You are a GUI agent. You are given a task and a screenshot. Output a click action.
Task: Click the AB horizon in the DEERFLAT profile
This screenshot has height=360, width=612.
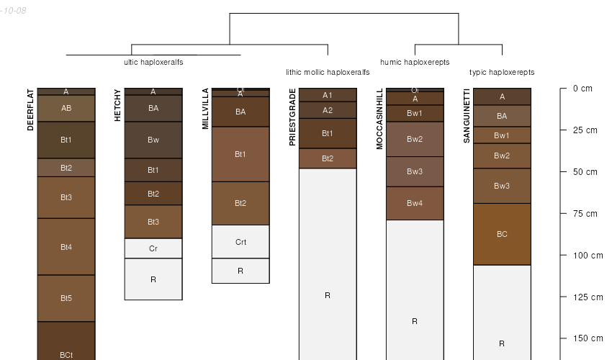tap(66, 109)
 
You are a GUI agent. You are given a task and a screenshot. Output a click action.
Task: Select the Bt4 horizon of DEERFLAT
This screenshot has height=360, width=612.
tap(66, 247)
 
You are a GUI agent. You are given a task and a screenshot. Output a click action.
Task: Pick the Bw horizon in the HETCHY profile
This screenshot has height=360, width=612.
tap(153, 140)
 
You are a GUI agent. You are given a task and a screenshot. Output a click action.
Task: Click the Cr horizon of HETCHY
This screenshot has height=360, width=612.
tap(153, 248)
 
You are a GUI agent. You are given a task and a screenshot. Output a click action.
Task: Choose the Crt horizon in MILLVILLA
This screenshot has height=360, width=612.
tap(240, 242)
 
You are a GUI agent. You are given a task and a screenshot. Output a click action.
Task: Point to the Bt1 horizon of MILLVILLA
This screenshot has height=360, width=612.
tap(240, 154)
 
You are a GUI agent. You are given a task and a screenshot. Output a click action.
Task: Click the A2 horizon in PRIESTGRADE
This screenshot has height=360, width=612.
tap(328, 110)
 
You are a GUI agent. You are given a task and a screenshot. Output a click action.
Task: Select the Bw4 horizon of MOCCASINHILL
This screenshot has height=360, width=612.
tap(415, 203)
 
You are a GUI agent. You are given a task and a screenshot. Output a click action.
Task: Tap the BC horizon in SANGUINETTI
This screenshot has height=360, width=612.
tap(502, 234)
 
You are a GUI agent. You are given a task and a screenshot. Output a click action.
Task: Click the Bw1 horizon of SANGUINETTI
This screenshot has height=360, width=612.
tap(502, 135)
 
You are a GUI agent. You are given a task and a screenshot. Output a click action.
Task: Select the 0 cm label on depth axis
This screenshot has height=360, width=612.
tap(582, 89)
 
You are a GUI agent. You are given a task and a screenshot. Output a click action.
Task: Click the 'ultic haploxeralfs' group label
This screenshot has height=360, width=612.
tap(153, 62)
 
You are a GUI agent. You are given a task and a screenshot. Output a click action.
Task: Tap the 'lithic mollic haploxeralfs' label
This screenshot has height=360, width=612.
tap(328, 72)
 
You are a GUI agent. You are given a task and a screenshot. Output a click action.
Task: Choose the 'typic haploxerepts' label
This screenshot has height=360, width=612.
tap(502, 72)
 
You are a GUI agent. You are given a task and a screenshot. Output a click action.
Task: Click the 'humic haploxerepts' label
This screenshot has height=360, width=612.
tap(415, 62)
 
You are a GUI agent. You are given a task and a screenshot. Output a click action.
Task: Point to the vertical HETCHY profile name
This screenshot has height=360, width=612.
tap(118, 105)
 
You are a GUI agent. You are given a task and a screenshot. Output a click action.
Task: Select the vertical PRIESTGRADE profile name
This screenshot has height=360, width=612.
tap(292, 117)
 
